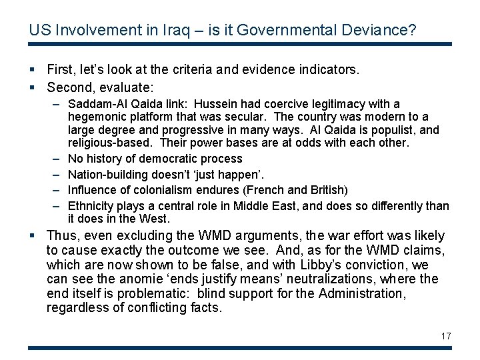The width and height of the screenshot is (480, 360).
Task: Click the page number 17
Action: click(446, 336)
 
